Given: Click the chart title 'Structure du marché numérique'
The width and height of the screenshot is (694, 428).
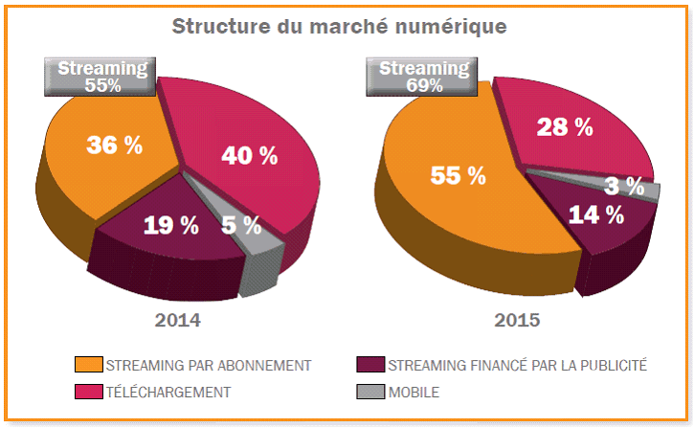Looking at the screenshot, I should (x=339, y=26).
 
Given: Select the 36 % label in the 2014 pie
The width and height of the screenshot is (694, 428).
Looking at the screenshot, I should (x=114, y=145).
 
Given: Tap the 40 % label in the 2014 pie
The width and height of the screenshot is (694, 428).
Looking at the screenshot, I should (x=249, y=155).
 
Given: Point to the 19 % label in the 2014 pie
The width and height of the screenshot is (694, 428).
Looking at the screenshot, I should (x=171, y=226).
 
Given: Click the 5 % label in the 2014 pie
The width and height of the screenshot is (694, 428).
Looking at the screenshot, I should (x=241, y=225).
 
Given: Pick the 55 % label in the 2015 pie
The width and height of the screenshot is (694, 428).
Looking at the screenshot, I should (x=459, y=175).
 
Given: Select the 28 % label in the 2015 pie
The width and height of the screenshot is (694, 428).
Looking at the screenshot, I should (x=564, y=125).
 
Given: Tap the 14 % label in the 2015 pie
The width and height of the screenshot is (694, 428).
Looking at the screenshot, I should (x=595, y=214).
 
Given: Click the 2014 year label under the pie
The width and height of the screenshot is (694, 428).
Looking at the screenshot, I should (x=178, y=319).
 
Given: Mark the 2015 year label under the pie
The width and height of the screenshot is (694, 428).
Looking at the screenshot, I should (x=517, y=319).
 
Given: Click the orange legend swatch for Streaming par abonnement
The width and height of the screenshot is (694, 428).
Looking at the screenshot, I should (x=88, y=365).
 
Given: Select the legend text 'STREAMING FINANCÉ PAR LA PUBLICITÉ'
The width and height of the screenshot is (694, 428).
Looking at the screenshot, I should (x=518, y=365).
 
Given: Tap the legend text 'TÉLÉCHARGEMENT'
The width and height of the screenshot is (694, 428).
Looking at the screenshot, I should (x=168, y=392).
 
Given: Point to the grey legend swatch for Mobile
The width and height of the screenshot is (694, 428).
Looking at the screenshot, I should (x=370, y=392).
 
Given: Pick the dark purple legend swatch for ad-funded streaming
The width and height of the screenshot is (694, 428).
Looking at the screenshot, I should (x=370, y=365).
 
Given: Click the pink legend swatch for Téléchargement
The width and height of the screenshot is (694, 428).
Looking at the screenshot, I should (x=88, y=392).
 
